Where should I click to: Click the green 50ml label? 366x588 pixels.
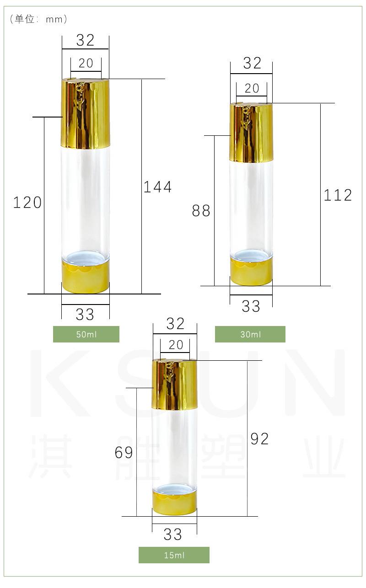click(86, 334)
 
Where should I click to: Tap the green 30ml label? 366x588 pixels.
click(250, 334)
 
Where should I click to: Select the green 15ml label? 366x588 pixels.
click(174, 555)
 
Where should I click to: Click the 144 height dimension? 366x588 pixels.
click(158, 187)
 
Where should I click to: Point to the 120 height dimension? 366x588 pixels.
click(27, 203)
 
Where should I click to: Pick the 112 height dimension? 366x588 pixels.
click(338, 195)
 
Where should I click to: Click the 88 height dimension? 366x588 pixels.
click(201, 210)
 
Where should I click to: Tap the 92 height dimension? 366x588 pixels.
click(259, 438)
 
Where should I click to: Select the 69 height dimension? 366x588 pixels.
click(124, 452)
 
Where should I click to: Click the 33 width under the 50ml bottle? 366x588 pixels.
click(85, 315)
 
